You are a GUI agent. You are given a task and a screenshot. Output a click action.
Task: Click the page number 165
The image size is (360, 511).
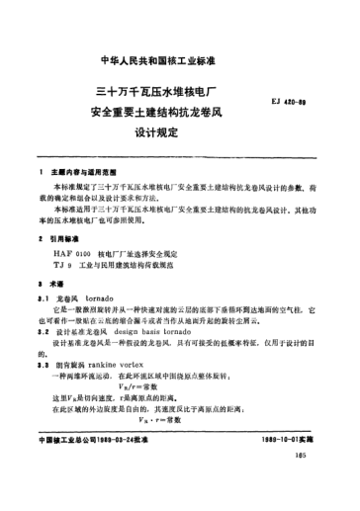pos(323,481)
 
